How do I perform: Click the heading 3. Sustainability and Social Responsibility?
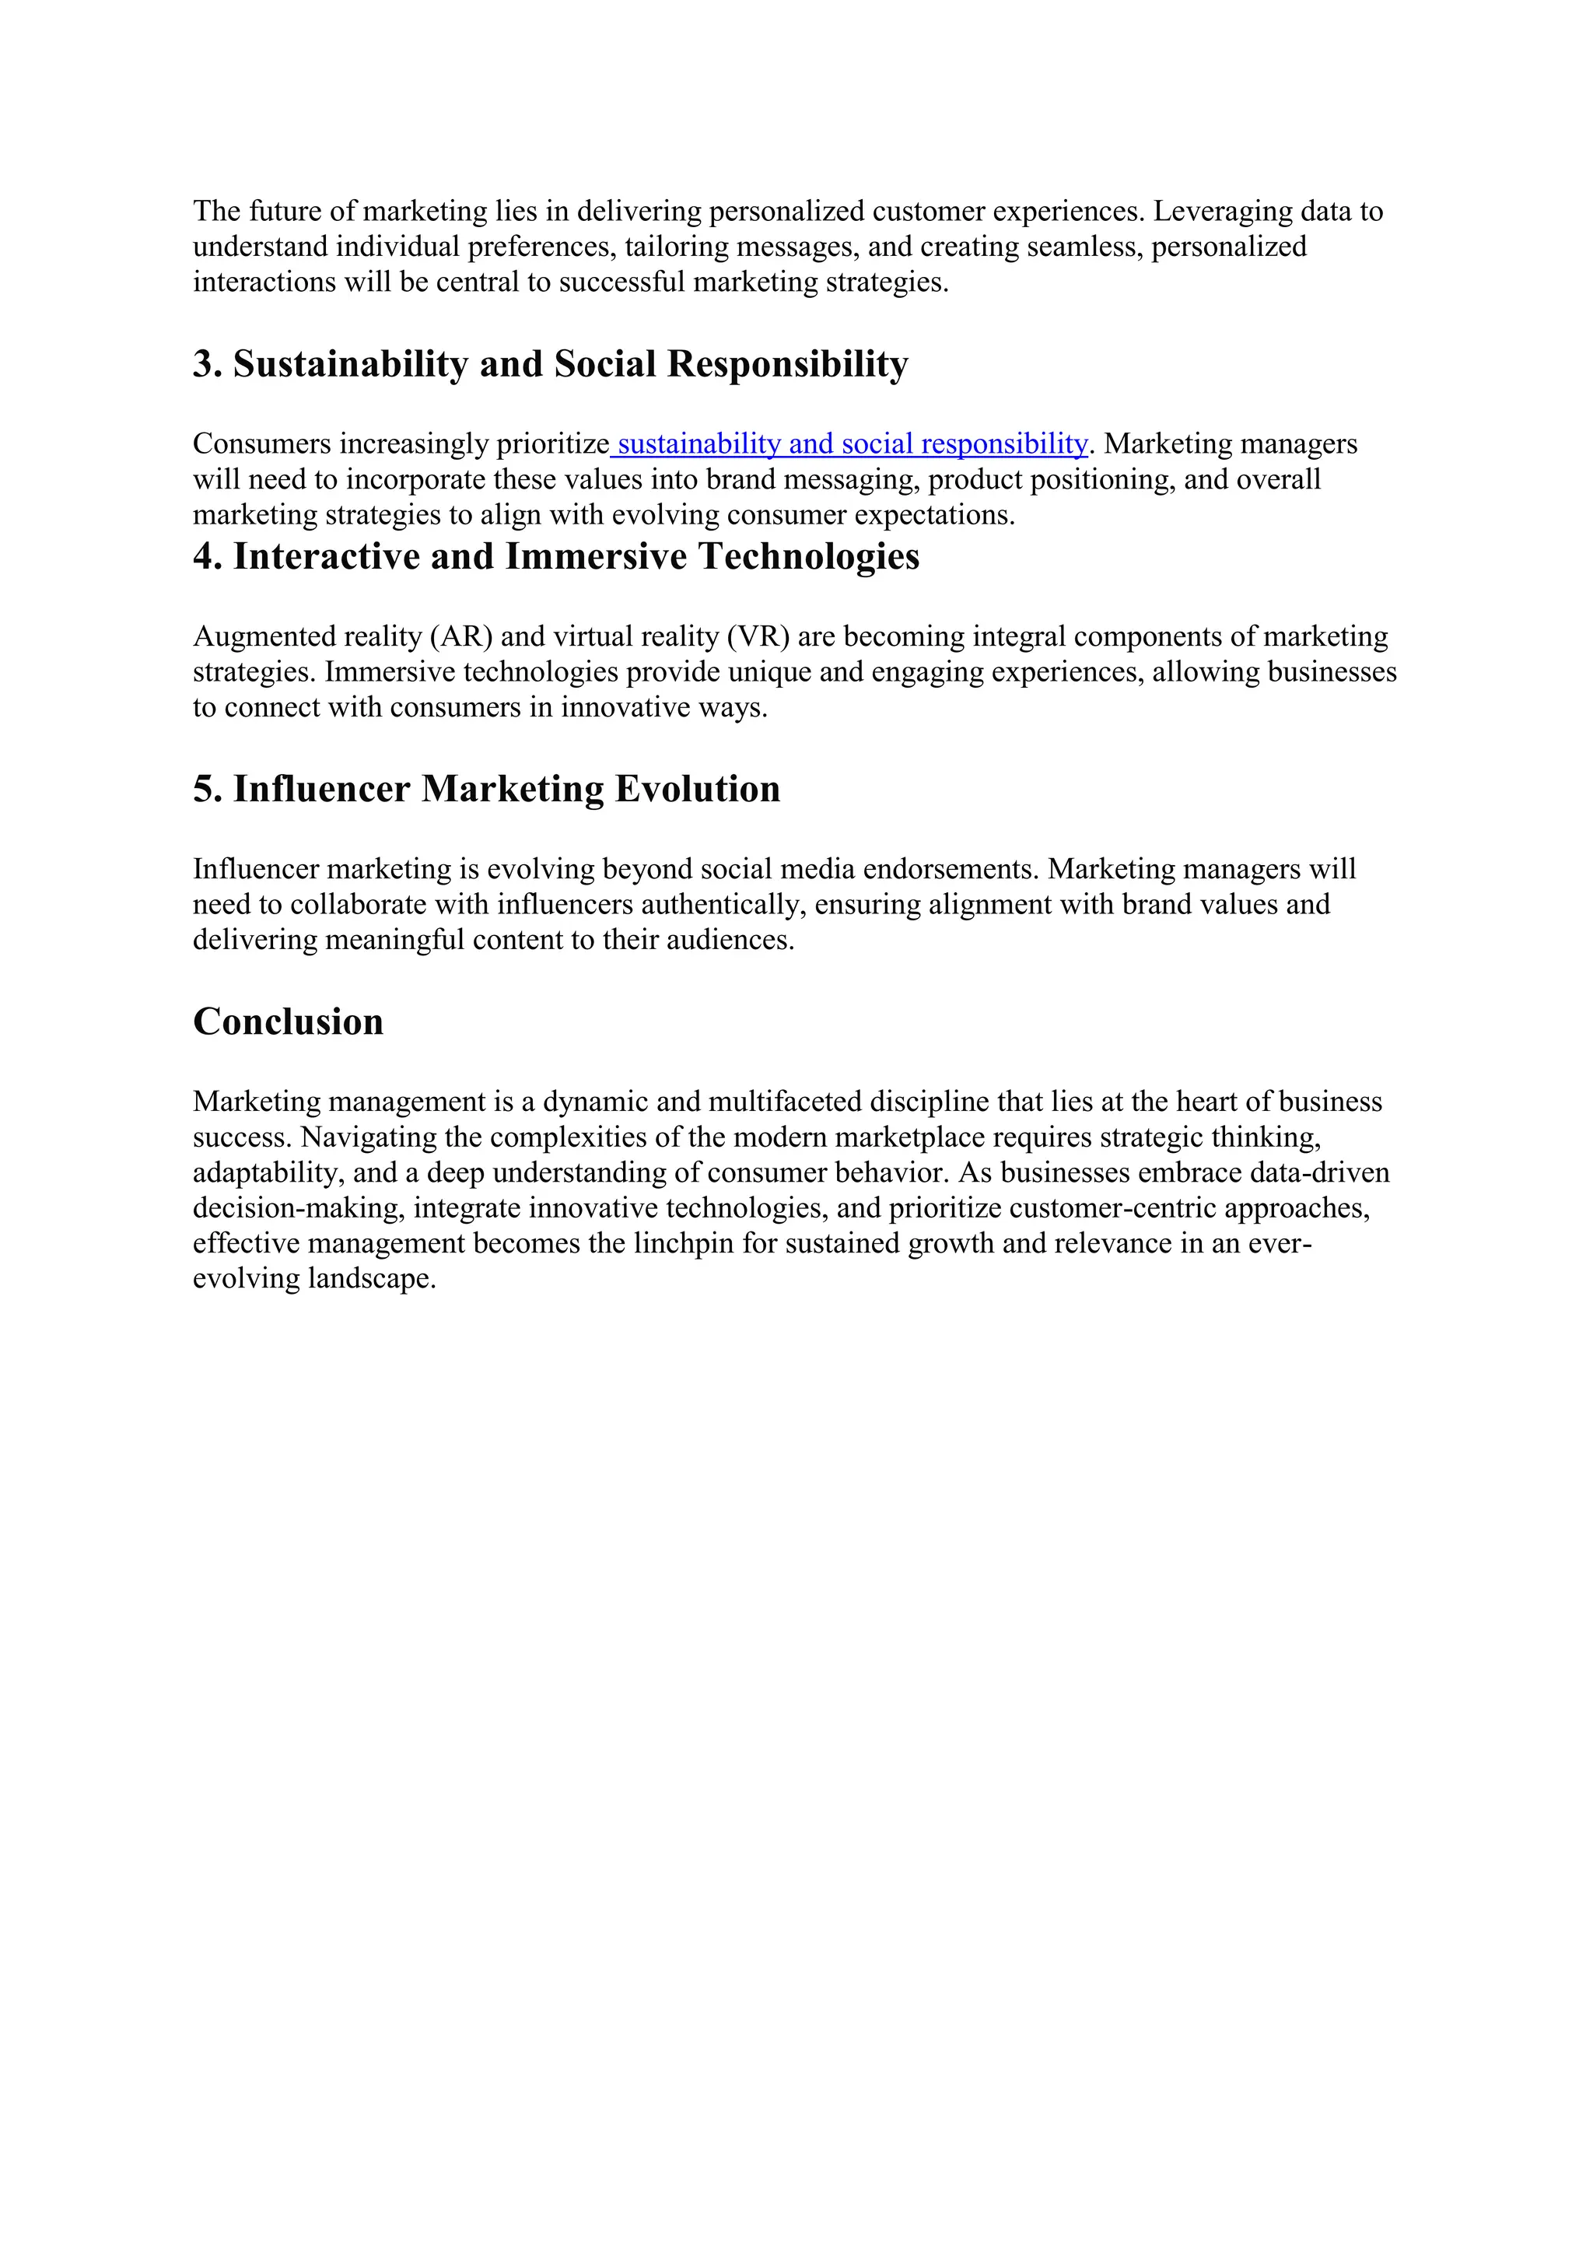pos(550,364)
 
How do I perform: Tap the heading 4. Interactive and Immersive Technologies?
pos(556,556)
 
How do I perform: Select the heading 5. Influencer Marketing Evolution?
pos(486,789)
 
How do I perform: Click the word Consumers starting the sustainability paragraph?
pos(262,443)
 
